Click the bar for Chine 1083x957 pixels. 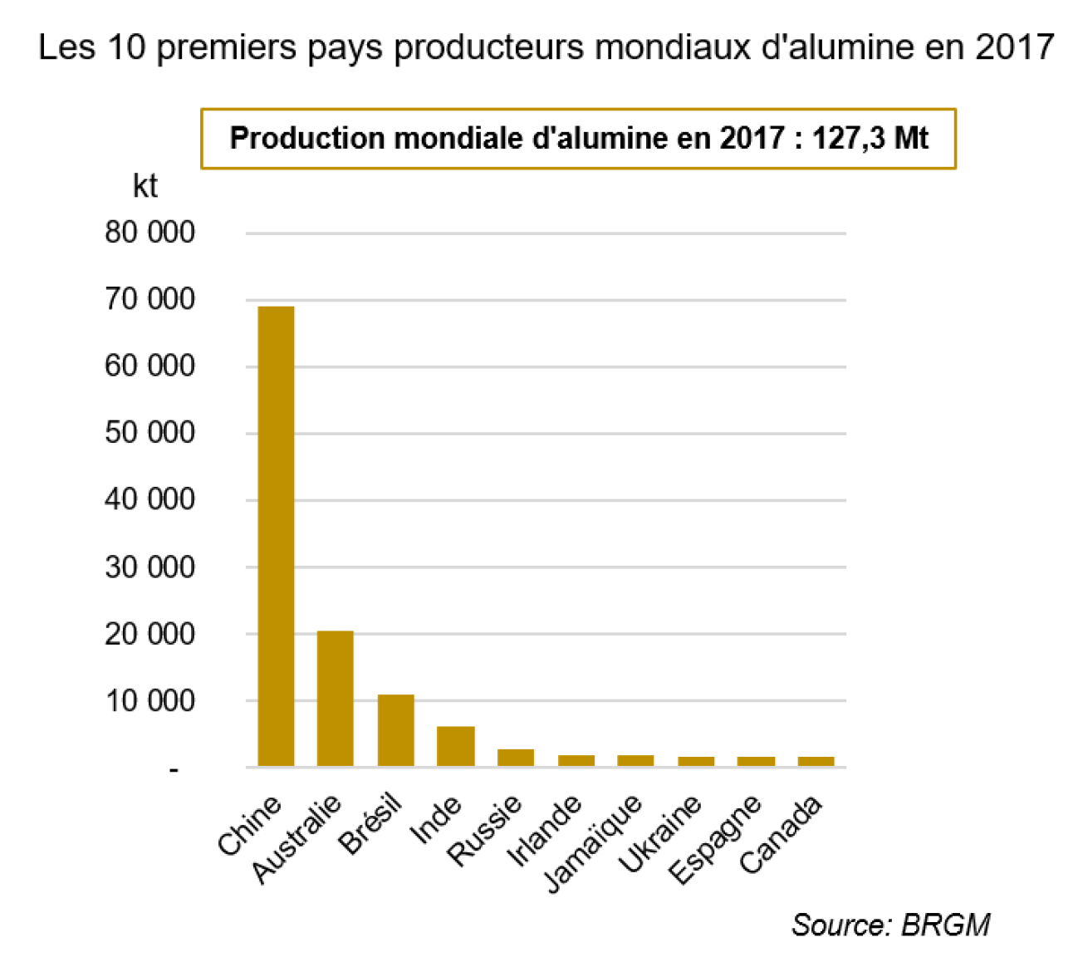pyautogui.click(x=276, y=536)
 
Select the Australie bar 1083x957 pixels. pyautogui.click(x=336, y=698)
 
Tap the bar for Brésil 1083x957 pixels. pyautogui.click(x=395, y=729)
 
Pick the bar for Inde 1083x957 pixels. pyautogui.click(x=456, y=746)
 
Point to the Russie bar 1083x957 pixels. pyautogui.click(x=516, y=757)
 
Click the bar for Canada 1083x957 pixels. pyautogui.click(x=816, y=761)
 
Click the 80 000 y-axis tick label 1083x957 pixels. pyautogui.click(x=150, y=233)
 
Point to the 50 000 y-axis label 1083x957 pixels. pyautogui.click(x=150, y=433)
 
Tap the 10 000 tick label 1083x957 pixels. pyautogui.click(x=150, y=700)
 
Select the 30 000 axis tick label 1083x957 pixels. pyautogui.click(x=150, y=567)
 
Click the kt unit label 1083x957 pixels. pyautogui.click(x=145, y=186)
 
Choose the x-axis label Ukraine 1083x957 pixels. pyautogui.click(x=661, y=833)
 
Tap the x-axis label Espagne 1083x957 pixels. pyautogui.click(x=716, y=839)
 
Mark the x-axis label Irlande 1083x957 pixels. pyautogui.click(x=545, y=831)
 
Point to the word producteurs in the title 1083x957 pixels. pyautogui.click(x=491, y=47)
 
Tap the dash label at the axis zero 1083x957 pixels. pyautogui.click(x=174, y=770)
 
